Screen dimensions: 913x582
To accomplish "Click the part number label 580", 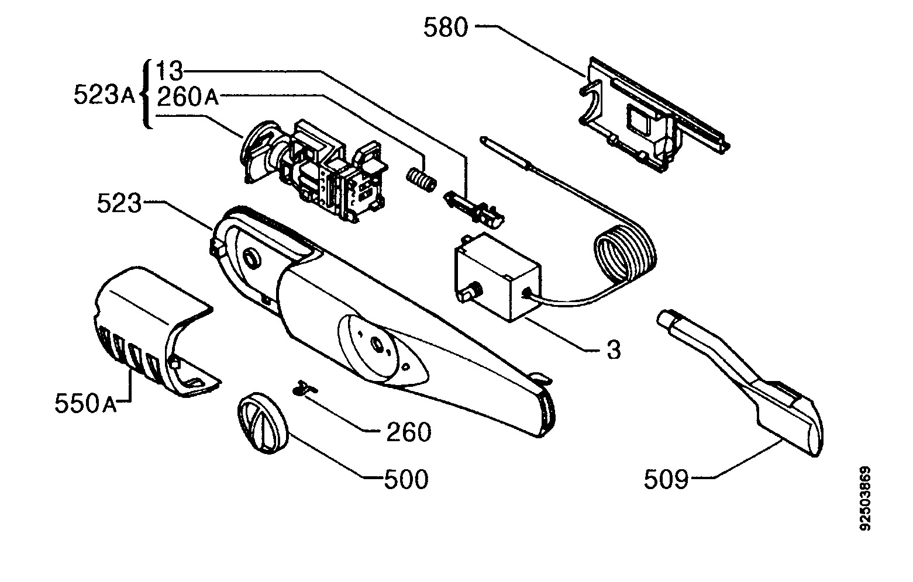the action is (446, 27).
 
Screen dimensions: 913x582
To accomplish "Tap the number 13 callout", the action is (170, 71).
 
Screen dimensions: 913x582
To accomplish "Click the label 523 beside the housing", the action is (119, 203).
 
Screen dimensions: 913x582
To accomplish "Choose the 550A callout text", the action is (85, 403).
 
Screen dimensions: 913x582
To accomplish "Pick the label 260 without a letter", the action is (408, 432).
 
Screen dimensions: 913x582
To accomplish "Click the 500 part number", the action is (406, 479).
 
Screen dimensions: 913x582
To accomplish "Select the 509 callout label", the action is (666, 479).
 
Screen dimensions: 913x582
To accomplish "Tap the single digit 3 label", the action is (614, 349).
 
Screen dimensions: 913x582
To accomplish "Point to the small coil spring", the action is (421, 179).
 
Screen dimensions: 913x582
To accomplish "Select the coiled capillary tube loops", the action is (626, 252).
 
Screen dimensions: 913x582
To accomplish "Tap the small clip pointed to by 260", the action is (305, 387).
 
